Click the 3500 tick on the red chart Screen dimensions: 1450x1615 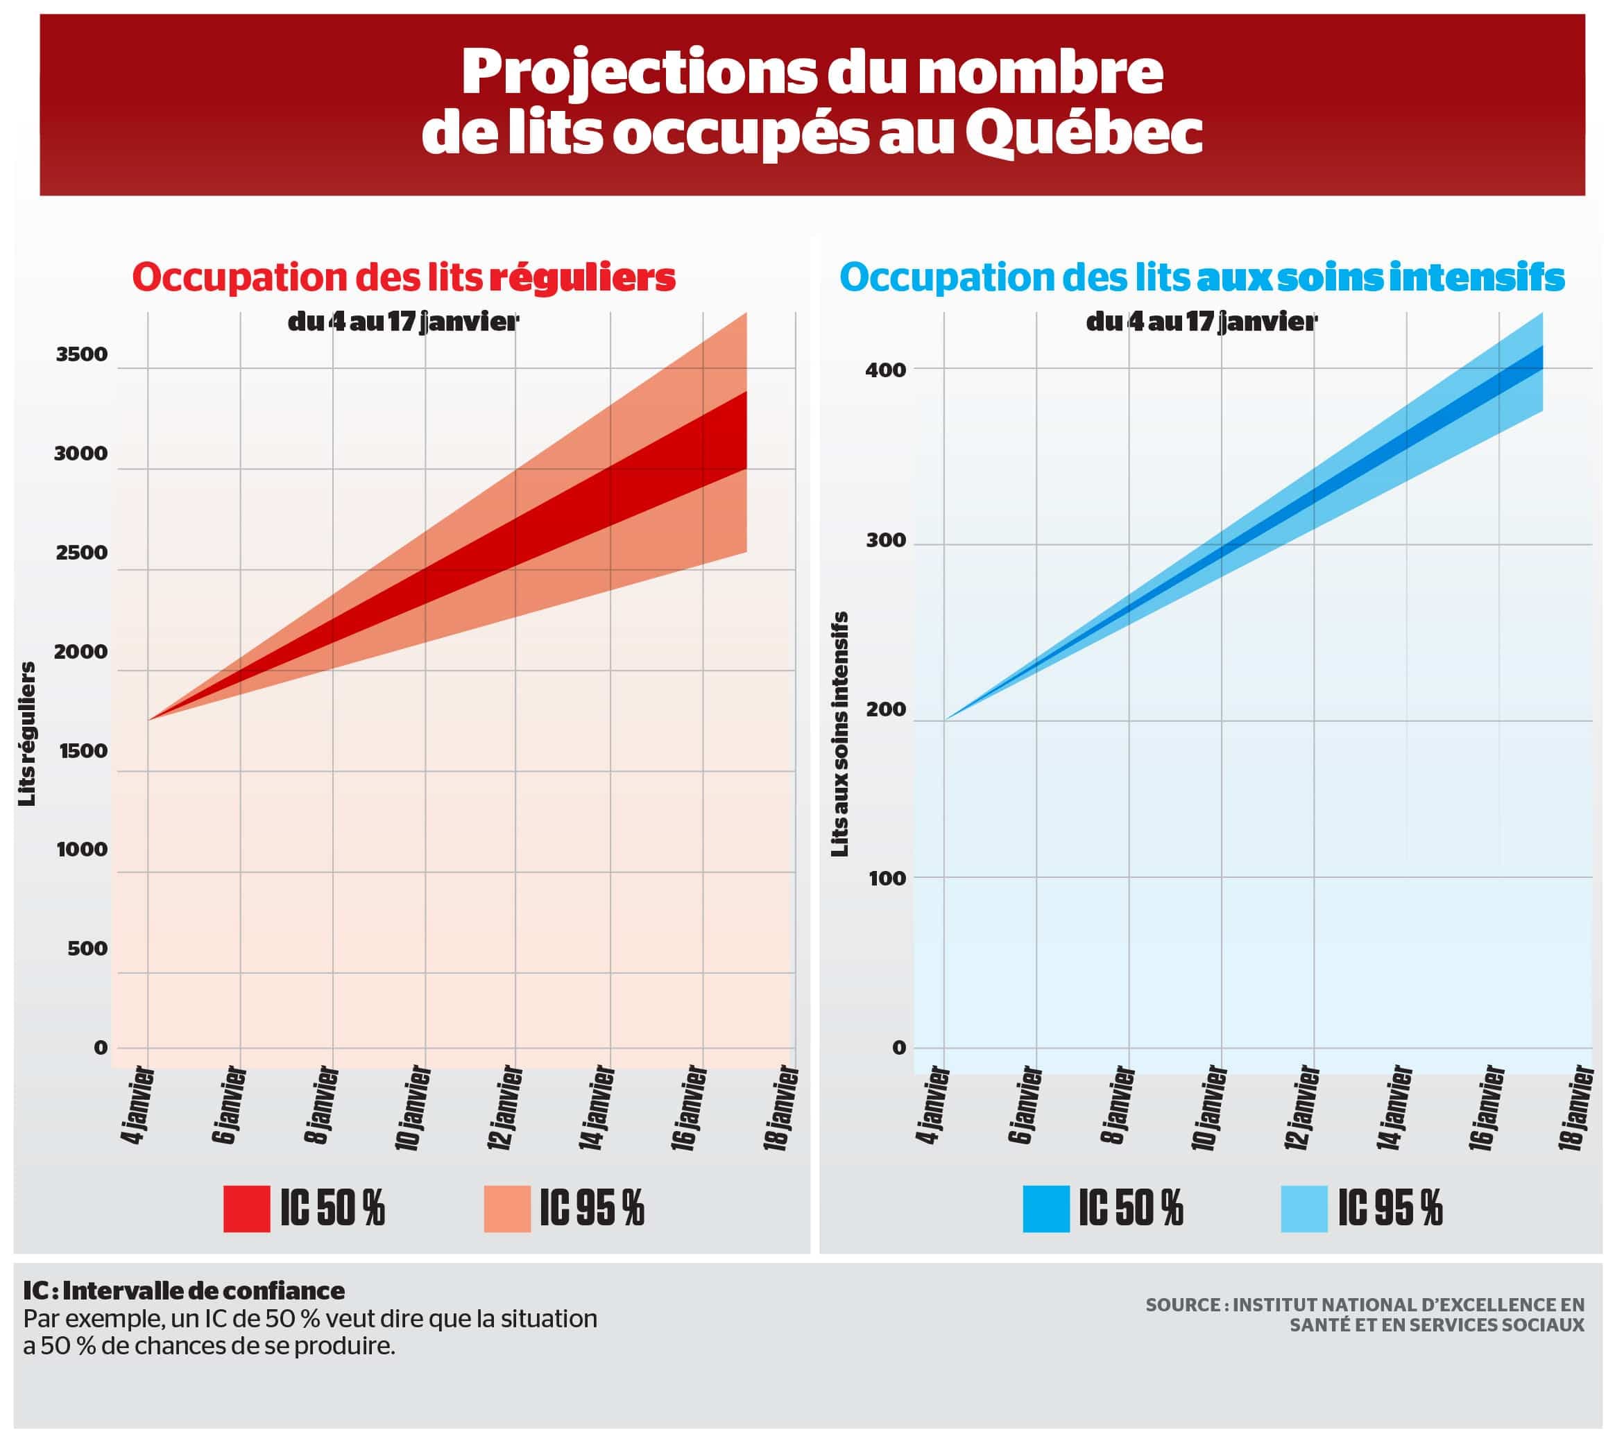(x=81, y=354)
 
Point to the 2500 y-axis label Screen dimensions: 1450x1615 (x=81, y=553)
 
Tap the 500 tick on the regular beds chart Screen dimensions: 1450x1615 (x=87, y=949)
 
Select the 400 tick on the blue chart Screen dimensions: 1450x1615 (x=886, y=370)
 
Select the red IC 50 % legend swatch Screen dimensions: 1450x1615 (x=246, y=1209)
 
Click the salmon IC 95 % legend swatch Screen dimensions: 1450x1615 (x=507, y=1209)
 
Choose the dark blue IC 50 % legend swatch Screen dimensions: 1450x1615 (x=1046, y=1209)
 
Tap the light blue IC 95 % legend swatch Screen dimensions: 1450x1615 (x=1304, y=1209)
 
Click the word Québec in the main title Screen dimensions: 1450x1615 (x=1084, y=134)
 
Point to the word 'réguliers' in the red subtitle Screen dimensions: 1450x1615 (x=582, y=277)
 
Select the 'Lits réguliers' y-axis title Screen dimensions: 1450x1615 (x=28, y=734)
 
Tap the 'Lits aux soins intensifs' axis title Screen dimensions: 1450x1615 (x=839, y=734)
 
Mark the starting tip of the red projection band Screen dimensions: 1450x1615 (x=150, y=719)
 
